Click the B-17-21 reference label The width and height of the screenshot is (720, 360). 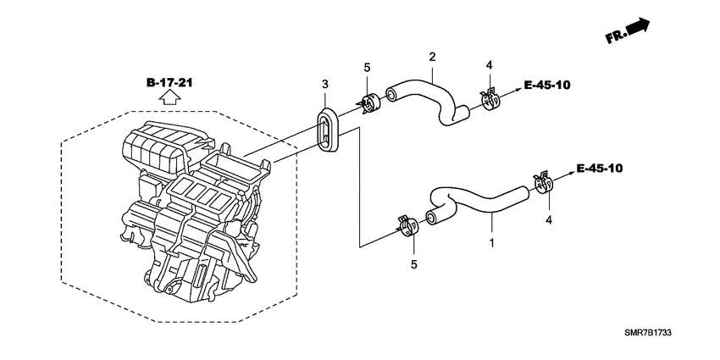[169, 83]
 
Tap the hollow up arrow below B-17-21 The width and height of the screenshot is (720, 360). [169, 97]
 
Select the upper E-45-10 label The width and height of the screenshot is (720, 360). [547, 86]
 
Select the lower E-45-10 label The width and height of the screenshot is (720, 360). [599, 169]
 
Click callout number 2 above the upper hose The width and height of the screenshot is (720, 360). [432, 57]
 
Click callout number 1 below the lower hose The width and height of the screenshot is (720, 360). [491, 243]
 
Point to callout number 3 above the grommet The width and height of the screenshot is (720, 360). [325, 85]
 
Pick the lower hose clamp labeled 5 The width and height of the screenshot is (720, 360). [407, 225]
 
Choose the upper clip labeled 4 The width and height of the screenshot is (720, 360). [490, 99]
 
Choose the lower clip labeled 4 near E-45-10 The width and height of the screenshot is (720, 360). [543, 182]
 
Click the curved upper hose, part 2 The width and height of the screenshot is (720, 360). [426, 101]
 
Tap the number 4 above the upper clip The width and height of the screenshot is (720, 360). [489, 64]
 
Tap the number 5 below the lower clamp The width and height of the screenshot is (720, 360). [413, 264]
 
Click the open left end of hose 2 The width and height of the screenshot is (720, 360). [390, 96]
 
